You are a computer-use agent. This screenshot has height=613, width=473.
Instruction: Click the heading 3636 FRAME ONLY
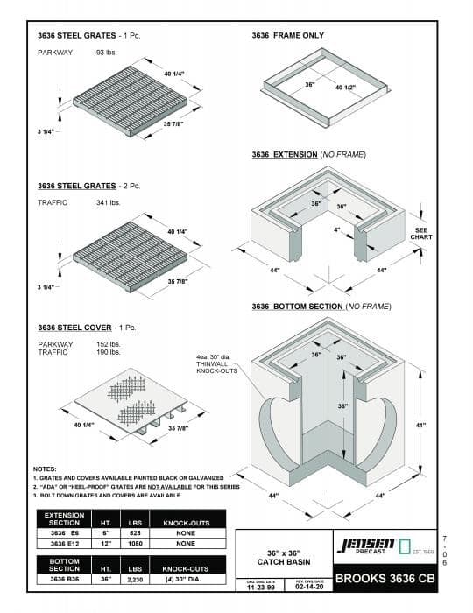pos(287,36)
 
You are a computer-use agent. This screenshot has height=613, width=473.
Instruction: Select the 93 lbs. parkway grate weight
pos(108,53)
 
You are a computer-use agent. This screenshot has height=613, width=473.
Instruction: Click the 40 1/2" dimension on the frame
pos(346,88)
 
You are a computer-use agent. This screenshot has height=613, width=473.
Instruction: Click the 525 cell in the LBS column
pos(136,532)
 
